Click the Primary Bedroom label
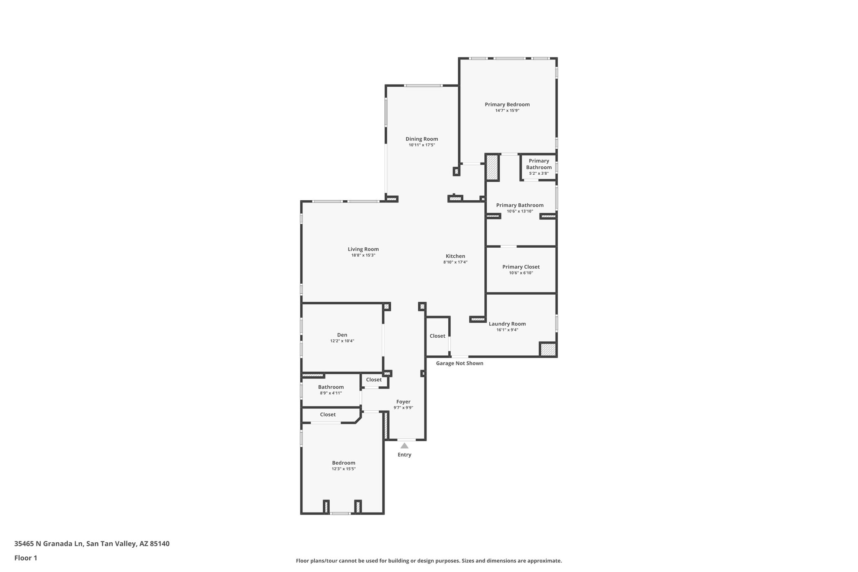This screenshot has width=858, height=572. [507, 104]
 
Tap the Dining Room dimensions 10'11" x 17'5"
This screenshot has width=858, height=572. [421, 145]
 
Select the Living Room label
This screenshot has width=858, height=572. [363, 249]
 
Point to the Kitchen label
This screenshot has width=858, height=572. [455, 256]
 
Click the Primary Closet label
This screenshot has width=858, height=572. [521, 267]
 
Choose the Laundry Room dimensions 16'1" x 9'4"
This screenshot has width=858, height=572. [507, 330]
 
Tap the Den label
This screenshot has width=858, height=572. [342, 335]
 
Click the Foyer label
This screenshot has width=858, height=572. [403, 401]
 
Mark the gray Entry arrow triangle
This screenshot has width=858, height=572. [404, 446]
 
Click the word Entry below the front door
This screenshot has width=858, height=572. [404, 455]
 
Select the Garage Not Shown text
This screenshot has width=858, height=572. [459, 363]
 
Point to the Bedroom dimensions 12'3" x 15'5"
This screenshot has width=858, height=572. [344, 469]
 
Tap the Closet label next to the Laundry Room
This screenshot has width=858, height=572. [437, 336]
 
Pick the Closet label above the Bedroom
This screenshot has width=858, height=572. [328, 414]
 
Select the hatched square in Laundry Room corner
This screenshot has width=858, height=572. [547, 349]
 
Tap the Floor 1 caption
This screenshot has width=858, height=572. [26, 558]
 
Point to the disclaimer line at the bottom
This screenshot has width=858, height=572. [429, 561]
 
